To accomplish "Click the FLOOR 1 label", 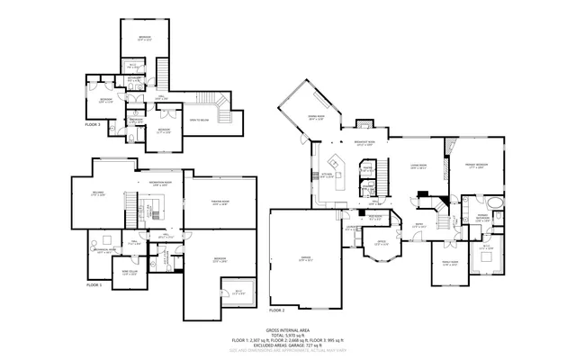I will pyautogui.click(x=94, y=284).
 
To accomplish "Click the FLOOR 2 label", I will pyautogui.click(x=276, y=310).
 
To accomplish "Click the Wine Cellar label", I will pyautogui.click(x=129, y=273).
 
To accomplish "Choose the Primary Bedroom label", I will pyautogui.click(x=476, y=167).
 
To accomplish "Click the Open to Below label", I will pyautogui.click(x=200, y=121).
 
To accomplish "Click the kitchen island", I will pyautogui.click(x=340, y=166).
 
